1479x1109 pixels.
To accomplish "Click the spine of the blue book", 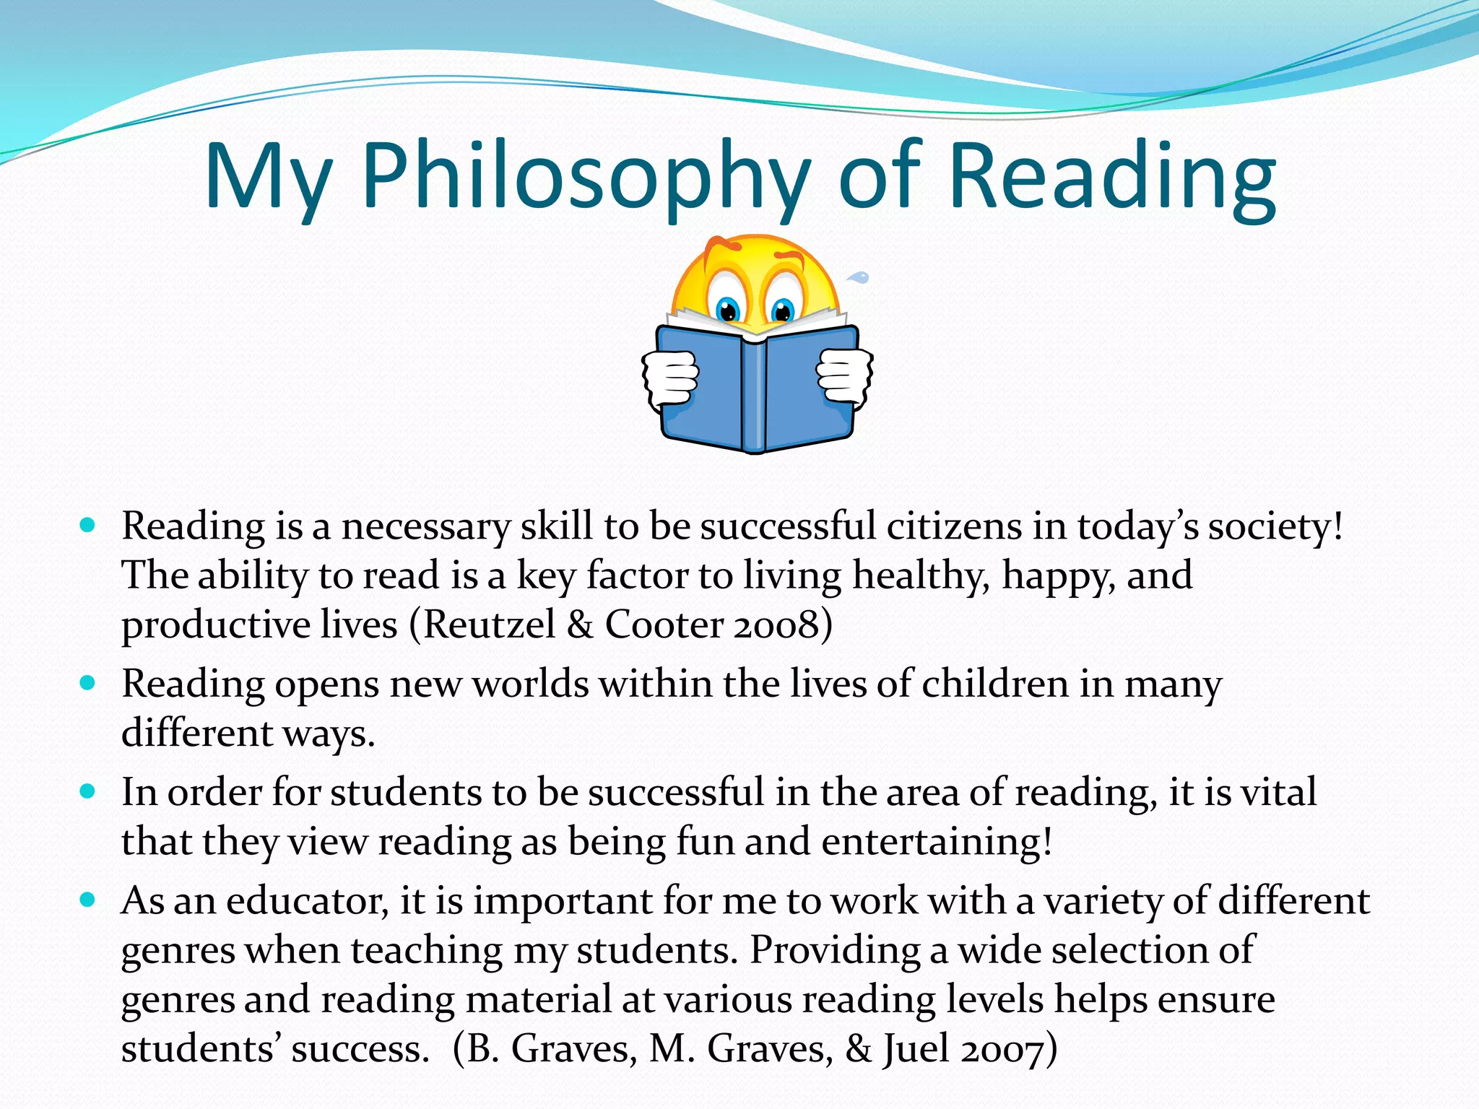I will pos(754,393).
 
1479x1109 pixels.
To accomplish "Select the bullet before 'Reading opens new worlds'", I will pos(88,683).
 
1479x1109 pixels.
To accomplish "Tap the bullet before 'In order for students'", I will pos(88,791).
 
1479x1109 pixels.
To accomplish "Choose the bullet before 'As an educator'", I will pos(88,900).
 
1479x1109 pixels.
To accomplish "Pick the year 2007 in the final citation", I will pos(1002,1048).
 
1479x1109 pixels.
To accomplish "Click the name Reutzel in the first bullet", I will pos(489,625).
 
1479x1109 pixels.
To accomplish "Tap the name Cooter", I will pos(664,625).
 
